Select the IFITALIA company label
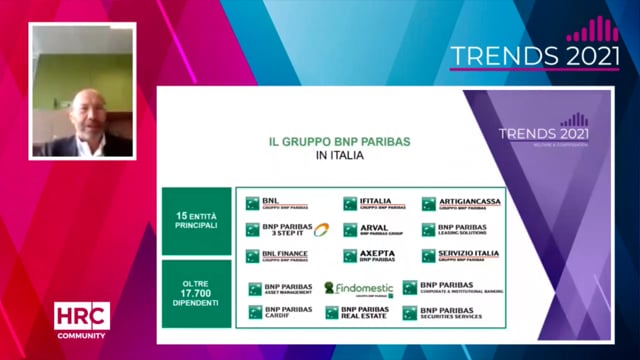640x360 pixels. point(375,203)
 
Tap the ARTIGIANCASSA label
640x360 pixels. point(461,203)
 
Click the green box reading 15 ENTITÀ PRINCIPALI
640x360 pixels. point(196,221)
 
